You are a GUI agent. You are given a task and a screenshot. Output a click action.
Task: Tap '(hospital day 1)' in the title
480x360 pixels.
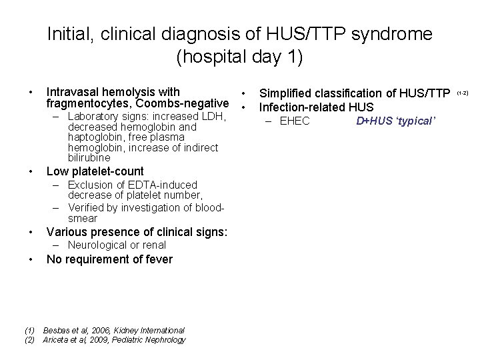point(239,57)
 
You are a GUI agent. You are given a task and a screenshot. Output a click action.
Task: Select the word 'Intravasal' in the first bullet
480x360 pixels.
point(73,92)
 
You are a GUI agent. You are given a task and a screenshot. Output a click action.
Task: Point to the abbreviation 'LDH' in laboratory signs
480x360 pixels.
point(216,117)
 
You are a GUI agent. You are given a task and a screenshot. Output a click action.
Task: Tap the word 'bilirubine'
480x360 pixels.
point(89,158)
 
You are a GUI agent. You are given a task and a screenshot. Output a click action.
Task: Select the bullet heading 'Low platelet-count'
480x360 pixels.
point(95,171)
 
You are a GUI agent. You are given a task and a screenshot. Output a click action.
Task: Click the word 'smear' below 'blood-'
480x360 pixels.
point(83,218)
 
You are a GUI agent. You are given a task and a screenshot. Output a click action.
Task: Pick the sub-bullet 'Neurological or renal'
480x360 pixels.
point(117,245)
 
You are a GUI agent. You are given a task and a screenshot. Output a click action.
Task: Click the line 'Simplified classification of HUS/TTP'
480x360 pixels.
point(354,93)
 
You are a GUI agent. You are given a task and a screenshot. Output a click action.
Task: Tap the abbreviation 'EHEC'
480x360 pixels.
point(295,121)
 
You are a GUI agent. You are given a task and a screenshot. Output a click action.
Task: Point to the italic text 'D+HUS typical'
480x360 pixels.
point(395,121)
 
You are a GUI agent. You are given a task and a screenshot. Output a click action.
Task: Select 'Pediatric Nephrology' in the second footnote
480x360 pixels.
point(156,340)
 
